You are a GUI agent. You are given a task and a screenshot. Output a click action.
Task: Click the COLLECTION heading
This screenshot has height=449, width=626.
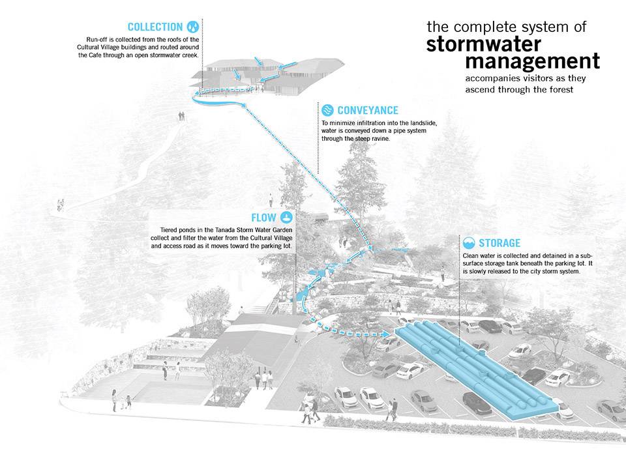click(155, 27)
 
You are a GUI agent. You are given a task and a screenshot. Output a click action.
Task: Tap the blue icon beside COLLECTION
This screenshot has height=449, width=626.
click(194, 27)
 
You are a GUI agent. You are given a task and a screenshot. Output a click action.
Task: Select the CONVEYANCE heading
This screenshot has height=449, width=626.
click(368, 111)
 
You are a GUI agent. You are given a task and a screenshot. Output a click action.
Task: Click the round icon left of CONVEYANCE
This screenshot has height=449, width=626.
click(327, 110)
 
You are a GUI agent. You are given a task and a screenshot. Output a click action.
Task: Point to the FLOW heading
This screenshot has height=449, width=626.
click(265, 218)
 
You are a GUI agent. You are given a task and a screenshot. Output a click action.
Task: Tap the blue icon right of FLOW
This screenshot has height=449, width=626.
click(288, 217)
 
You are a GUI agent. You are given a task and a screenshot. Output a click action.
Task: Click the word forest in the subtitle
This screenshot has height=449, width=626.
click(558, 90)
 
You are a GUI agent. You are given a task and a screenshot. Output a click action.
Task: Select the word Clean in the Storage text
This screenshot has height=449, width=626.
click(471, 255)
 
